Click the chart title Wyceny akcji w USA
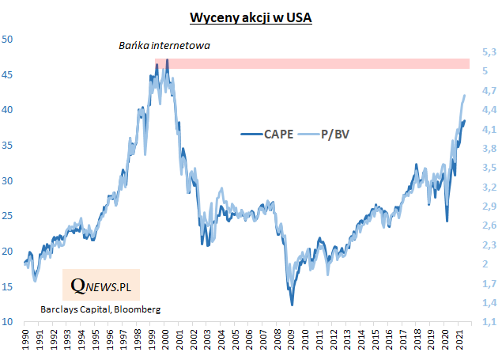point(251,17)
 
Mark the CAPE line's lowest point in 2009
point(292,305)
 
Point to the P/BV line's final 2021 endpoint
point(464,95)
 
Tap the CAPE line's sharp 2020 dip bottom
point(447,221)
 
